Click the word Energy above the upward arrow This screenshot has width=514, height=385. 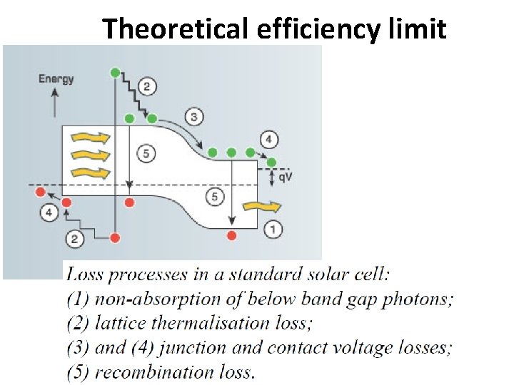pos(56,78)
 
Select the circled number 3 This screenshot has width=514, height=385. pos(193,116)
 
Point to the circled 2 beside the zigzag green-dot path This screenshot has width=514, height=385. pos(146,87)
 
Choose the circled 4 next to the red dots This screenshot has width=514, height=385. pos(49,212)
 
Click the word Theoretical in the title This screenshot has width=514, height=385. pos(176,30)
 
